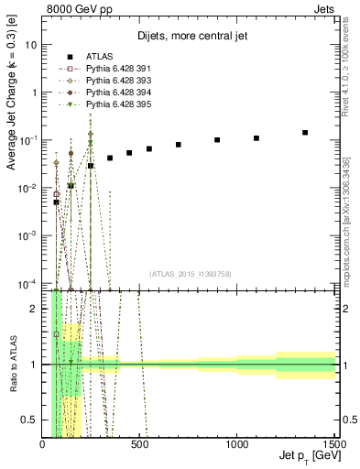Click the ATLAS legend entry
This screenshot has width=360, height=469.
coord(98,57)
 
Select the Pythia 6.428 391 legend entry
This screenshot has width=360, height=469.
coord(115,69)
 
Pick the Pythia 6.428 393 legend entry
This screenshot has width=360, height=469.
coord(115,81)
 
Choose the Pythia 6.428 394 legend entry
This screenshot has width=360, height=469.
coord(115,93)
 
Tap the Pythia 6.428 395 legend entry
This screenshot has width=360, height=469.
coord(115,104)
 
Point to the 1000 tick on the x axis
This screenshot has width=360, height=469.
coord(236,444)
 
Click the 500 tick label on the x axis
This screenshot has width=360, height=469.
coord(139,444)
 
